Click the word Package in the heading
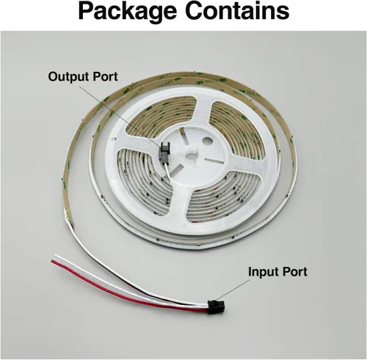(x=127, y=12)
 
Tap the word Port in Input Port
(x=294, y=271)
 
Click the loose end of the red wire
(x=52, y=261)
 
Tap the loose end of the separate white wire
(x=56, y=256)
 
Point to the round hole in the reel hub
(x=207, y=141)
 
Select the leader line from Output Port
(x=121, y=115)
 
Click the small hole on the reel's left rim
(x=114, y=138)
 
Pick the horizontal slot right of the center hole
(x=214, y=161)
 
